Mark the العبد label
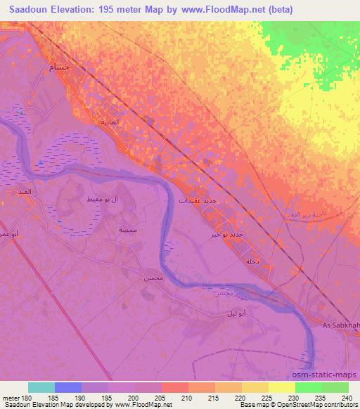click(25, 190)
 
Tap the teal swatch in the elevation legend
click(41, 387)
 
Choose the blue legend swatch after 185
click(68, 387)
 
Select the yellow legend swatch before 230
click(281, 387)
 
